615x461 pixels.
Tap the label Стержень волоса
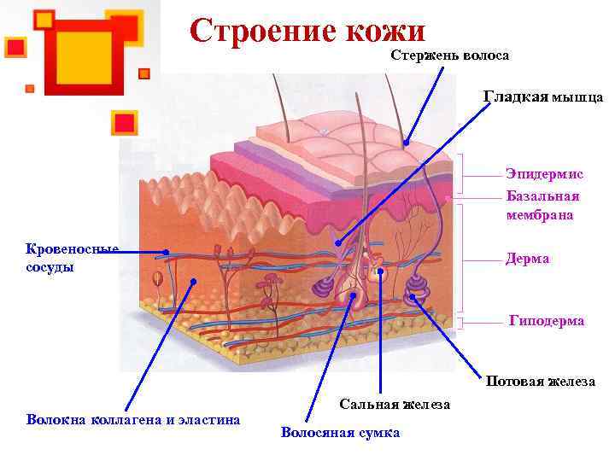click(x=450, y=55)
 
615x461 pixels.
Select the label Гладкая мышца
click(x=543, y=97)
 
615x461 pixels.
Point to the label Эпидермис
click(x=544, y=174)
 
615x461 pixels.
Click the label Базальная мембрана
click(x=542, y=206)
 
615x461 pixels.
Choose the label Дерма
click(x=527, y=259)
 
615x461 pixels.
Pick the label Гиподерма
click(x=547, y=321)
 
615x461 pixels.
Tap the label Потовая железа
click(x=541, y=382)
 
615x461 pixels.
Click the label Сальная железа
click(x=395, y=404)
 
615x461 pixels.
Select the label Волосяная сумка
click(x=340, y=433)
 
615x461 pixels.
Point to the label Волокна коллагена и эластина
click(x=133, y=419)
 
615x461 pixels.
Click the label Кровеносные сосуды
click(x=72, y=258)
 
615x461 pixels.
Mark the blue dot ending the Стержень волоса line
click(x=407, y=143)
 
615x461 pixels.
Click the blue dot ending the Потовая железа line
click(x=413, y=297)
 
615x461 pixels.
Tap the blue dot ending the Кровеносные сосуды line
click(x=166, y=253)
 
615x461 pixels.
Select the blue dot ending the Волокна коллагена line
click(x=195, y=281)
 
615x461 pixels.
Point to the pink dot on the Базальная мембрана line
click(x=448, y=197)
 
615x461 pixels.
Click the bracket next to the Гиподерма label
click(x=462, y=322)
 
